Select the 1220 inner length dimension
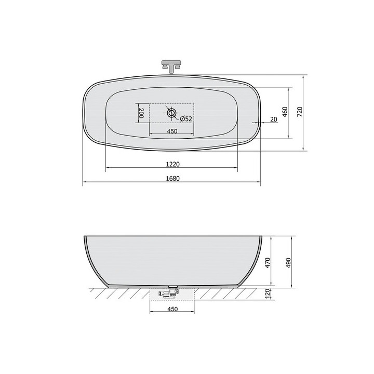[172, 164]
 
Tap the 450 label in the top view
[172, 131]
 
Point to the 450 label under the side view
[172, 310]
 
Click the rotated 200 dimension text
[141, 113]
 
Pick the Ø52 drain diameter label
[186, 119]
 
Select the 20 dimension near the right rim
[273, 119]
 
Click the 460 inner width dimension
[285, 112]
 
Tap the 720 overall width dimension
[300, 112]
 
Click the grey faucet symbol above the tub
[172, 66]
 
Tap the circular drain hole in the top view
[171, 113]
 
